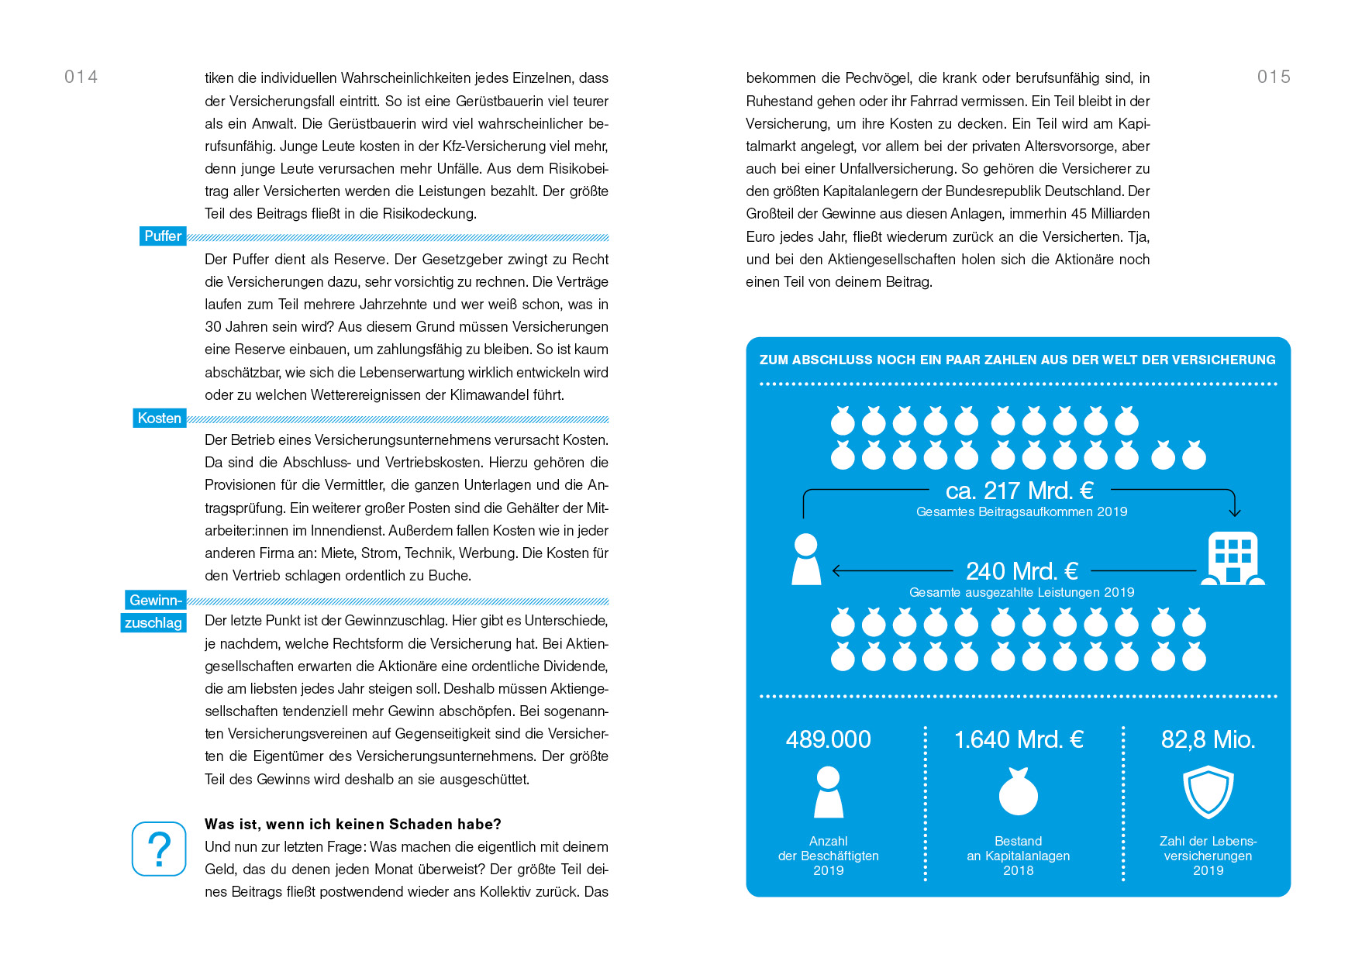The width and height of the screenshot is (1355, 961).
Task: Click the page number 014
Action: click(81, 77)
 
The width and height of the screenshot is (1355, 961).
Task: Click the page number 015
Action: click(1274, 77)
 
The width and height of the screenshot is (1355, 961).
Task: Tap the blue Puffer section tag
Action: click(163, 236)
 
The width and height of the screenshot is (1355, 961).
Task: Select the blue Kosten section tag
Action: click(159, 418)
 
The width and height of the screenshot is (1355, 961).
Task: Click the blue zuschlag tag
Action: click(153, 623)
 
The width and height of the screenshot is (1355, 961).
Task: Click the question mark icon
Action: click(159, 849)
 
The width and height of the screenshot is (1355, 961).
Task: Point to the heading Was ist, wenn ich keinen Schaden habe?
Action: click(353, 824)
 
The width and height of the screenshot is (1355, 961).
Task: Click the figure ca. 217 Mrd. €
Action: click(1019, 491)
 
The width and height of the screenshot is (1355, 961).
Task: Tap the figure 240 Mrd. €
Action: click(1022, 571)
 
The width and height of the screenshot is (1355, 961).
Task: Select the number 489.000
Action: click(828, 739)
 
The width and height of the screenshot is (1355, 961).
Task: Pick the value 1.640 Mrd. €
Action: click(1019, 739)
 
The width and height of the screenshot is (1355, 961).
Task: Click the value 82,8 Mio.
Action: click(1208, 739)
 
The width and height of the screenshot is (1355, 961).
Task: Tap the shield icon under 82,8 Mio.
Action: click(1208, 792)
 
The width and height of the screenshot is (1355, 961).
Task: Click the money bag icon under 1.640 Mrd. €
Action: click(1019, 792)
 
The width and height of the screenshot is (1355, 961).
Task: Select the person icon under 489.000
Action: click(828, 792)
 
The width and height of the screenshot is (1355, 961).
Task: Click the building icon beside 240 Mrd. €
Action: click(1233, 558)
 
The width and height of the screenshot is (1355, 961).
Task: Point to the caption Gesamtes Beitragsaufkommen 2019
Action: click(1022, 512)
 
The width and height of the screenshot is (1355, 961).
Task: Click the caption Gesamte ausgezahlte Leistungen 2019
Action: click(1022, 593)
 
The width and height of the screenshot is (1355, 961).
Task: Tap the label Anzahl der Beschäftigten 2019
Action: click(828, 856)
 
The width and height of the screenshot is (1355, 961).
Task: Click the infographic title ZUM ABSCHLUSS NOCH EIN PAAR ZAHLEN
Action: click(1017, 360)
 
